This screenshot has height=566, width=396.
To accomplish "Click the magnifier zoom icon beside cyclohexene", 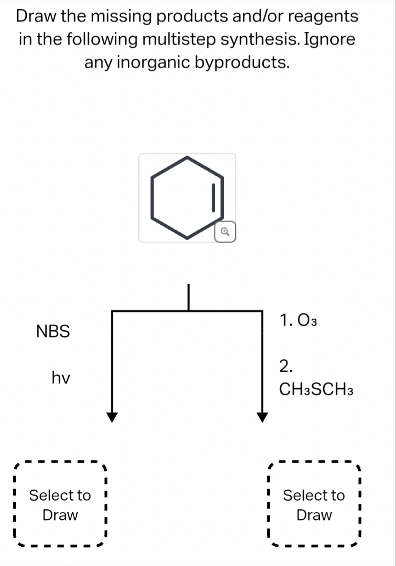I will click(225, 232).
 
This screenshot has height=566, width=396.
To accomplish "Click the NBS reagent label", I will click(53, 331).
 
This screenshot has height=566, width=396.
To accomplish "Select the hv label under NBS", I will click(60, 378).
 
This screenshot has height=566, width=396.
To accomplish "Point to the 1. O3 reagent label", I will click(298, 320).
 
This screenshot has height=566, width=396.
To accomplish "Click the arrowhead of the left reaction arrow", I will click(112, 417).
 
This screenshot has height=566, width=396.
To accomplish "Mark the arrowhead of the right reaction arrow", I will click(262, 417).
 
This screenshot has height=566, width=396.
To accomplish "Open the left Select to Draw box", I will click(60, 505).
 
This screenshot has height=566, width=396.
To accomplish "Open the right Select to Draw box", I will click(314, 505).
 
